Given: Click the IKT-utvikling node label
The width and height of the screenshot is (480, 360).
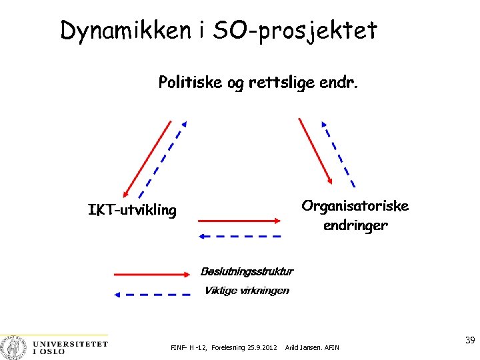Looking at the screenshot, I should pos(133,211).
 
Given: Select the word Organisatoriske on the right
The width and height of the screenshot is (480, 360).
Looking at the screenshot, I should pos(355,205).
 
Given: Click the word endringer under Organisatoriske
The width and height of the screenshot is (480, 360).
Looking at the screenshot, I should pos(355,225).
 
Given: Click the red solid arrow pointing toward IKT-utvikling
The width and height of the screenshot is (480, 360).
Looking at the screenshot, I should pos(145,158).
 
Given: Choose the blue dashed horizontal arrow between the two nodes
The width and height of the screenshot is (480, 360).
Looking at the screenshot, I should pos(241,236).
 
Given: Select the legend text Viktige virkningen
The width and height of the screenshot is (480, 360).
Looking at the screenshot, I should pos(247,290).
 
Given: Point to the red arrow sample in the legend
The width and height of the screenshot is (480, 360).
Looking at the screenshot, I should pos(153,274).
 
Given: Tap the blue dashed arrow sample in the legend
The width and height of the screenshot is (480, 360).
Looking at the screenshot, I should pos(153,293).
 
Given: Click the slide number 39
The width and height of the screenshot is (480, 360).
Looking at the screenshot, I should pos(469,340).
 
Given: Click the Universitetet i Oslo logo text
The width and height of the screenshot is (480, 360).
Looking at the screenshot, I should pos(69,347).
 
